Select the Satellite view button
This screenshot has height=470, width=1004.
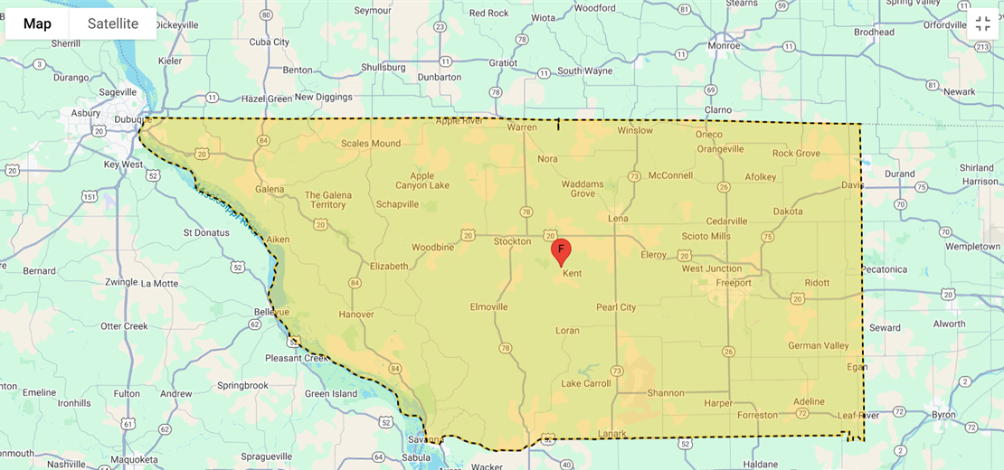113,23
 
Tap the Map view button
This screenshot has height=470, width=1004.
37,23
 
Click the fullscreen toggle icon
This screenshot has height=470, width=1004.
983,24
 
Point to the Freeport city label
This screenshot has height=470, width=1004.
734,283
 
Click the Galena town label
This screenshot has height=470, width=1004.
270,190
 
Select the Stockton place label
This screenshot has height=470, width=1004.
513,241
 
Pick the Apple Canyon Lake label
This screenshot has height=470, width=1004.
422,181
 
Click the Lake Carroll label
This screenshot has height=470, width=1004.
586,383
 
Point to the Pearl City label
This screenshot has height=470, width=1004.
616,307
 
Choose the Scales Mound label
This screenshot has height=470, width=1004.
371,143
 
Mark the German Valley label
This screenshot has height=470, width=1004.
819,345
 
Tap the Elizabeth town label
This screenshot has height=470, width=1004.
389,266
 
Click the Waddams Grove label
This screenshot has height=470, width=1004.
582,188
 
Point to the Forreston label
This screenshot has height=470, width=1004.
757,415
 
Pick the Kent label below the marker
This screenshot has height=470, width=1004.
572,273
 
